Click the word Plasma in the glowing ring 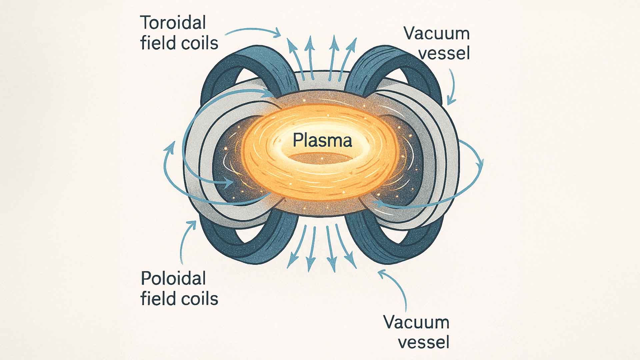pos(322,140)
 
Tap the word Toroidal pos(173,23)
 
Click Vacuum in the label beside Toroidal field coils pos(436,34)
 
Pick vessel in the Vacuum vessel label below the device pos(424,342)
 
